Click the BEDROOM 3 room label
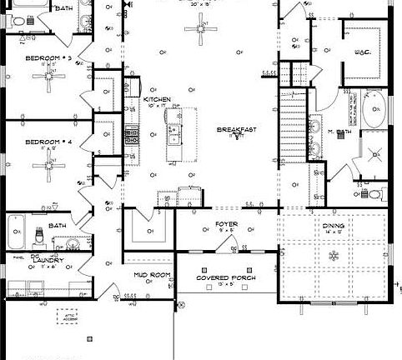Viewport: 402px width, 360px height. [x=48, y=57]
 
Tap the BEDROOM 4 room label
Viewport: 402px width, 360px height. [x=48, y=142]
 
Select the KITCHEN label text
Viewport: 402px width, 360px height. [x=157, y=99]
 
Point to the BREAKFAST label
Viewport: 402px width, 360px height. [x=236, y=130]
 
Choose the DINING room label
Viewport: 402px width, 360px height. [x=333, y=225]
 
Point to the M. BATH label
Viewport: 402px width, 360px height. [x=338, y=132]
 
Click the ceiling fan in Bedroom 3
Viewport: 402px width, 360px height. [x=53, y=82]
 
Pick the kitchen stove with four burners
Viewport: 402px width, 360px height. [x=131, y=132]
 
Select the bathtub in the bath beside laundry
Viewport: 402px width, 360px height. [x=16, y=232]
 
